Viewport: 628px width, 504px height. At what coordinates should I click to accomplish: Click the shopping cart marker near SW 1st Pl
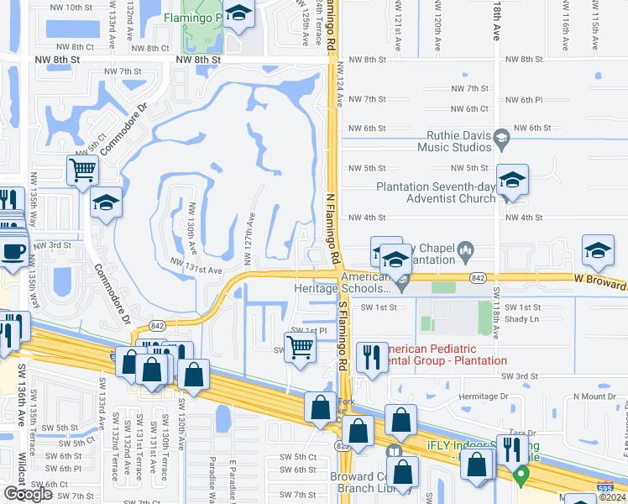(x=299, y=346)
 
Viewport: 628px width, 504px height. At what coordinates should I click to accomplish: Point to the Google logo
(x=27, y=494)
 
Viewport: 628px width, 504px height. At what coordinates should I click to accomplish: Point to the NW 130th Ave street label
(x=191, y=228)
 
